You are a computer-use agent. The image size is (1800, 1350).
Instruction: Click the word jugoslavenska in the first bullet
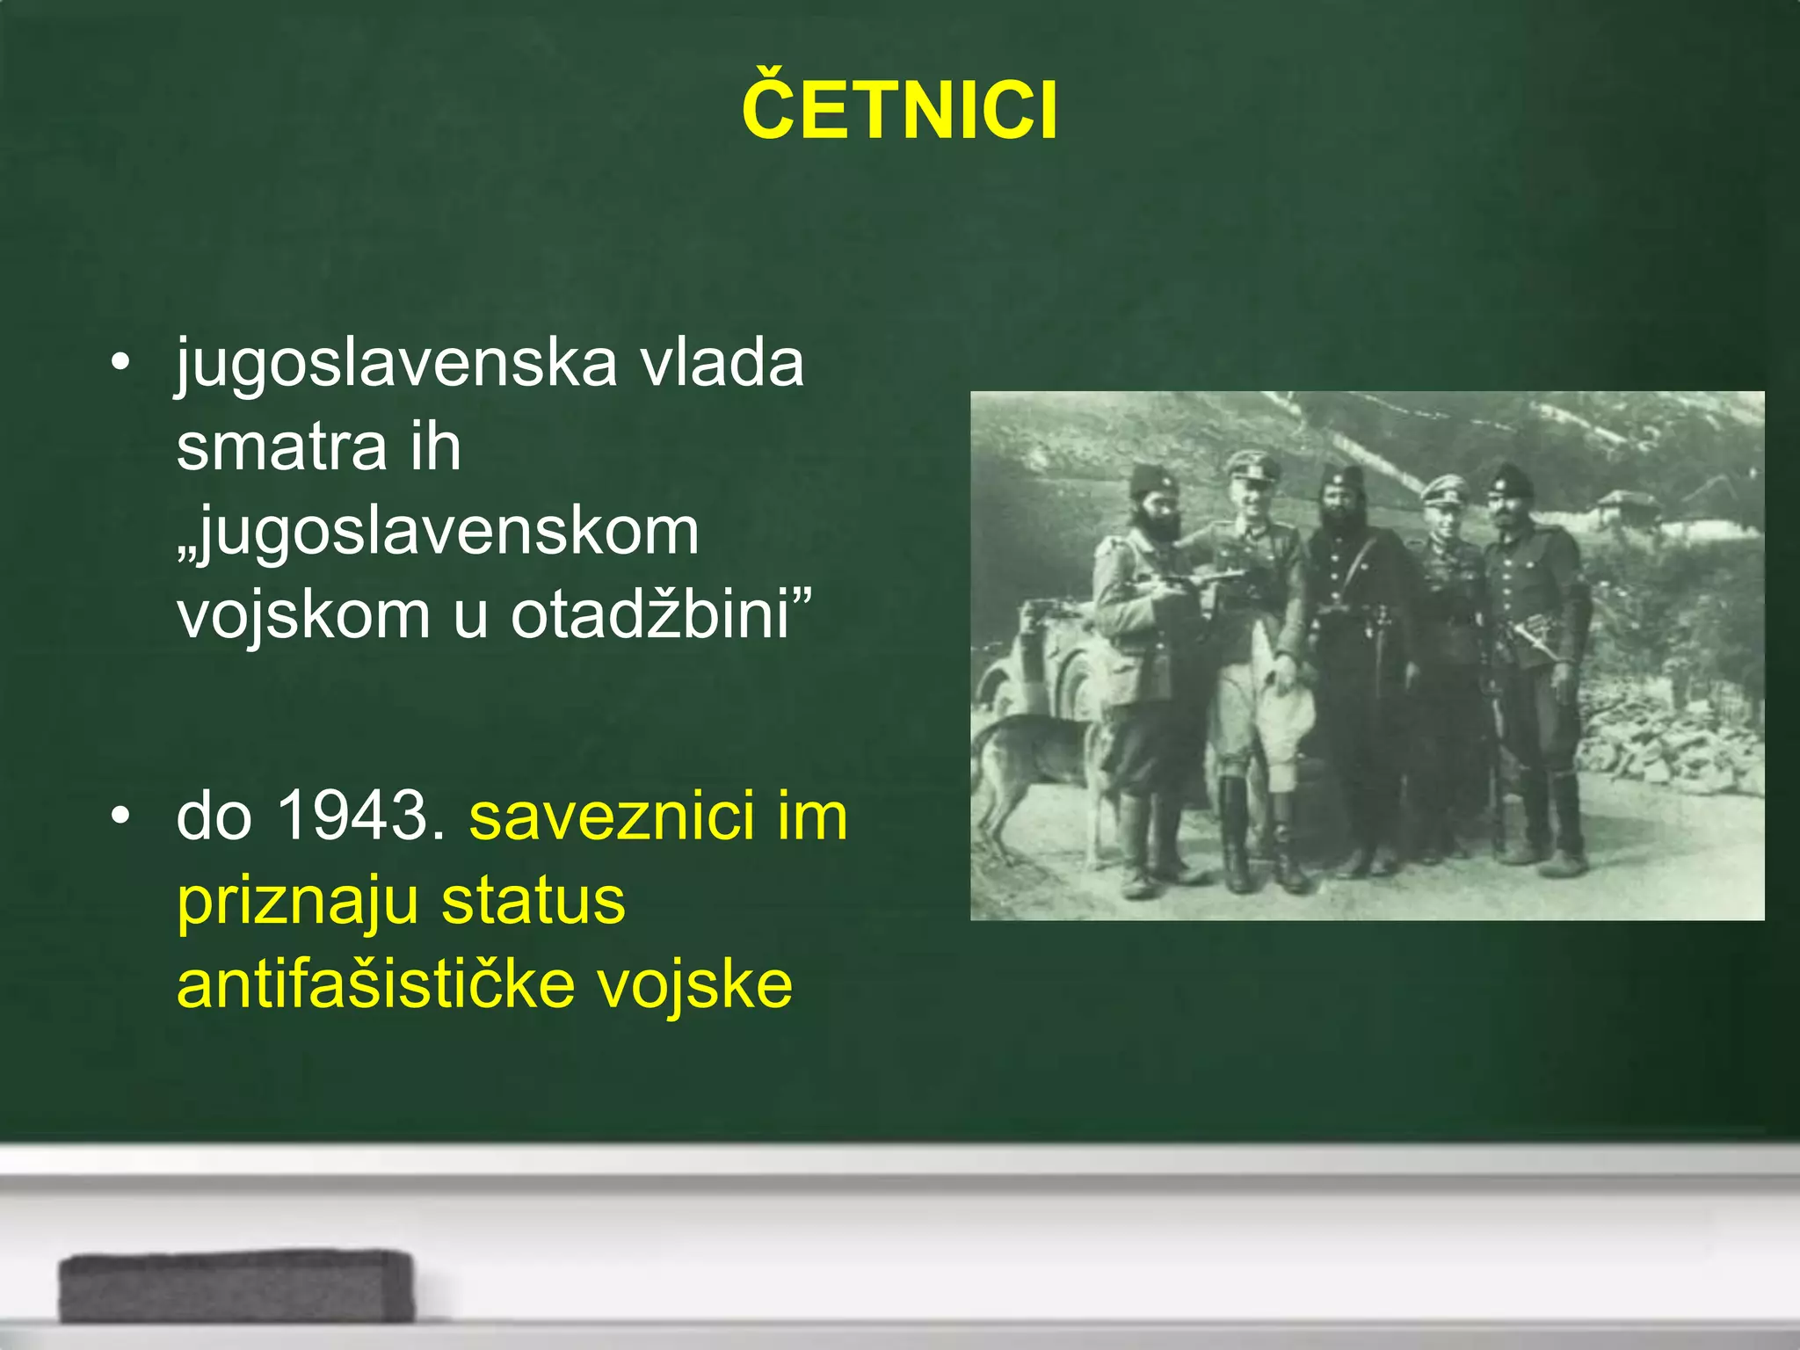coord(396,363)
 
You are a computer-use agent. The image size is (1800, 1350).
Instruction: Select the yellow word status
coord(533,901)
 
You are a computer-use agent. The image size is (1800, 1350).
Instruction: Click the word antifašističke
coord(376,984)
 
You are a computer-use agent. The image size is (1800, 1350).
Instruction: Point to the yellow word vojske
coord(695,984)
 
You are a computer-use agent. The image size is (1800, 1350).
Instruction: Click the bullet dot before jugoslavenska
coord(120,362)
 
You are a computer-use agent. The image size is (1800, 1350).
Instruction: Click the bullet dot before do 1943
coord(120,816)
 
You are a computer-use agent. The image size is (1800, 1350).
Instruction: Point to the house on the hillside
coord(1626,510)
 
